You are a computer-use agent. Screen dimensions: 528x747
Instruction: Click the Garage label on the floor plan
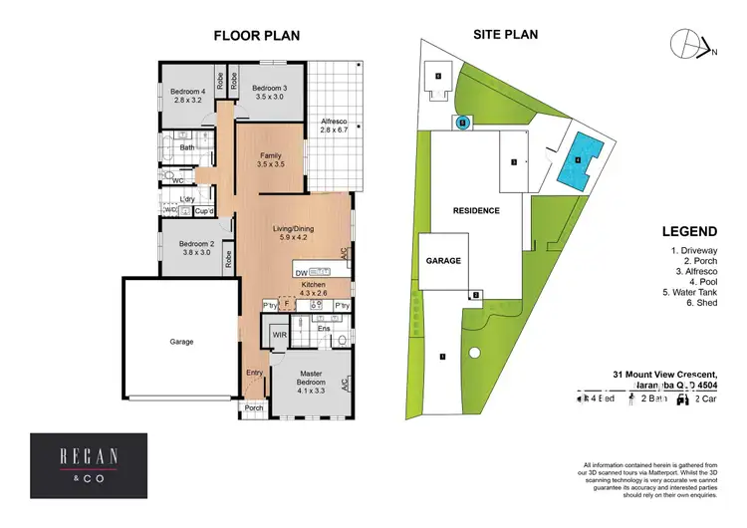tap(181, 342)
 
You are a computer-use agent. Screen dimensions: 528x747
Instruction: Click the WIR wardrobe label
tap(279, 336)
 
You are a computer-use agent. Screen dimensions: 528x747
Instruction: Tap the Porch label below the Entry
tap(254, 406)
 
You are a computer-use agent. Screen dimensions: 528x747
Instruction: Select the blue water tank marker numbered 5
tap(463, 123)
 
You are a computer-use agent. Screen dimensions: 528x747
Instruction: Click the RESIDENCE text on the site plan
tap(475, 211)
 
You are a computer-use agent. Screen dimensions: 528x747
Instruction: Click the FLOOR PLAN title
tap(257, 36)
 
